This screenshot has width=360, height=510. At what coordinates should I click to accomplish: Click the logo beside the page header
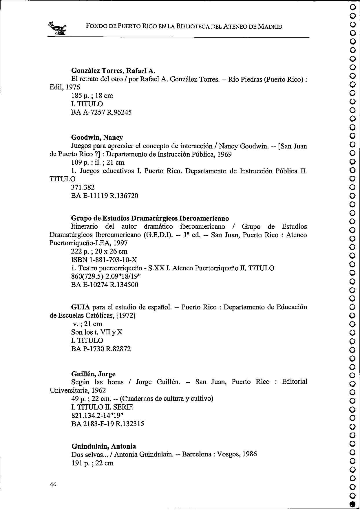pos(58,28)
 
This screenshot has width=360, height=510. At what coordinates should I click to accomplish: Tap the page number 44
pos(53,484)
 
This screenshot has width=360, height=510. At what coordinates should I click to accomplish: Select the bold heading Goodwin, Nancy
pos(97,137)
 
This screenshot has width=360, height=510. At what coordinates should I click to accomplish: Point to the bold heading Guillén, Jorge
pos(93,374)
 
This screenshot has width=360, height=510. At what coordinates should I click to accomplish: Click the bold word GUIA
pos(81,307)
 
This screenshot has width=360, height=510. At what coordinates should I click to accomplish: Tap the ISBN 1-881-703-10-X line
pos(104,260)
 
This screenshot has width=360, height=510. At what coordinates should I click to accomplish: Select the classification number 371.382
pos(83,187)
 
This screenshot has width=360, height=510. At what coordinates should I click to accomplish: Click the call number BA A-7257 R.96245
pos(101,112)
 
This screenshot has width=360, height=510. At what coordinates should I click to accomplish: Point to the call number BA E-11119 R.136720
pos(105,196)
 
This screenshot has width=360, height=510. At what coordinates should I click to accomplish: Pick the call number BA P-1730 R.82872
pos(101,348)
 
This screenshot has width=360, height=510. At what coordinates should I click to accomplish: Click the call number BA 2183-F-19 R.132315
pos(107,424)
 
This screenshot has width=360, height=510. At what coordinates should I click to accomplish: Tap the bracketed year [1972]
pos(126,315)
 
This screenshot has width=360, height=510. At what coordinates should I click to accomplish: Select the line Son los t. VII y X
pos(97,332)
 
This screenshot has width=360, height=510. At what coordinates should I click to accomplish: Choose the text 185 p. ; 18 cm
pos(92,96)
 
